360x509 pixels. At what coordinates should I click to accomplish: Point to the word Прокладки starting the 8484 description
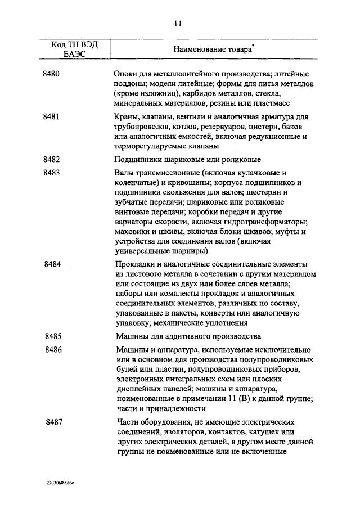(133, 264)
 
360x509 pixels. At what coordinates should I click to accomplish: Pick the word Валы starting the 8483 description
(123, 173)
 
